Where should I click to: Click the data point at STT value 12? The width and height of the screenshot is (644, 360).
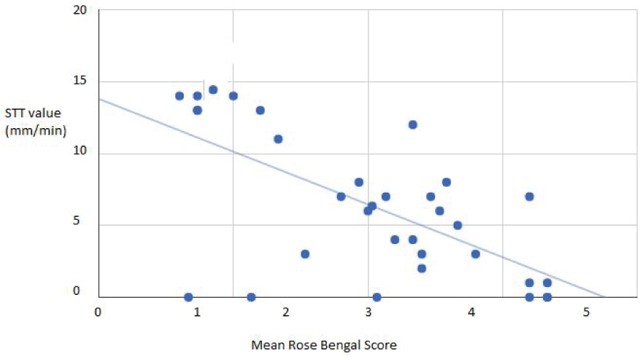point(412,125)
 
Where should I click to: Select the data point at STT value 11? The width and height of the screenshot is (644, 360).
point(278,139)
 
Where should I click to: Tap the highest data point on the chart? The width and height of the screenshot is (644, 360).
point(213,89)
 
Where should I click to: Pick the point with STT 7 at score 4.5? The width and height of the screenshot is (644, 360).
point(530,196)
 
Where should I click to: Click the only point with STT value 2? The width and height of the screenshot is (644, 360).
point(421,268)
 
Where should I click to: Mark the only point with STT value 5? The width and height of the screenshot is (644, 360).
point(457,225)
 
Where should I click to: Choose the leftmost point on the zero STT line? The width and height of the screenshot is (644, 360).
point(188,297)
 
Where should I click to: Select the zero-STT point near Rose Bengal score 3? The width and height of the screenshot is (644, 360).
point(376,297)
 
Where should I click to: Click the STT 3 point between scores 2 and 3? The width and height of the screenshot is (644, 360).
point(305,253)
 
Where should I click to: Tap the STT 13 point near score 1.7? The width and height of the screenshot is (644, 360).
point(260,110)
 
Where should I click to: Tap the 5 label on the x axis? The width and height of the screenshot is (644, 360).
point(586,313)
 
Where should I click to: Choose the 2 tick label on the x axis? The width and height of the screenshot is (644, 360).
point(286,313)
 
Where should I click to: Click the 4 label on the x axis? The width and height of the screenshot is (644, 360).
point(472,313)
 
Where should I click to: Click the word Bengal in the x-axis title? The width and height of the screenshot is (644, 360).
point(338,345)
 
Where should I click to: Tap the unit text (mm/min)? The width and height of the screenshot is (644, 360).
point(31,132)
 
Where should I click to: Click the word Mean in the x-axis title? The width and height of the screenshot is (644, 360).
point(265,345)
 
